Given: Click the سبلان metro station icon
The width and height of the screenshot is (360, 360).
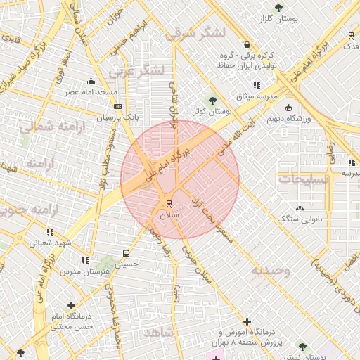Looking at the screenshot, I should click(168, 204).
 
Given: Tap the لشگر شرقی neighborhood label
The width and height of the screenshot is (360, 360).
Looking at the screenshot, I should click(195, 33).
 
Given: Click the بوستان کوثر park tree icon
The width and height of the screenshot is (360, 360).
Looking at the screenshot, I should click(213, 101).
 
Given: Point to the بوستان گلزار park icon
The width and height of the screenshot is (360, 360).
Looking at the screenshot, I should click(278, 8).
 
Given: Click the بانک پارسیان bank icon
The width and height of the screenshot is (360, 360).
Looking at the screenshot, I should click(117, 106).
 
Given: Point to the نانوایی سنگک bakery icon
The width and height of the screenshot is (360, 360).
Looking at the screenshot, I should click(300, 208).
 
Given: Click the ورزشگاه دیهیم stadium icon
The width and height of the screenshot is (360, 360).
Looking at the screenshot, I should click(288, 108).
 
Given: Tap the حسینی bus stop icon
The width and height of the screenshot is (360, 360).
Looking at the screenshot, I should click(126, 253).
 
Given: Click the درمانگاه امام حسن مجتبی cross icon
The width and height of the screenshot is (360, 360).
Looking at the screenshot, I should click(71, 305).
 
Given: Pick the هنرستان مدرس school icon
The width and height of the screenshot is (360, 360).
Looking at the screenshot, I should click(85, 260).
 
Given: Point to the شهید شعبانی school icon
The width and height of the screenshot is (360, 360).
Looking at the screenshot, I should click(49, 231).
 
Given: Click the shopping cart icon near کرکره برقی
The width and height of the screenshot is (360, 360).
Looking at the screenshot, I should click(246, 44).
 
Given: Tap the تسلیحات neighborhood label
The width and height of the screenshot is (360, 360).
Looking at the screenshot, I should click(304, 179).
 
